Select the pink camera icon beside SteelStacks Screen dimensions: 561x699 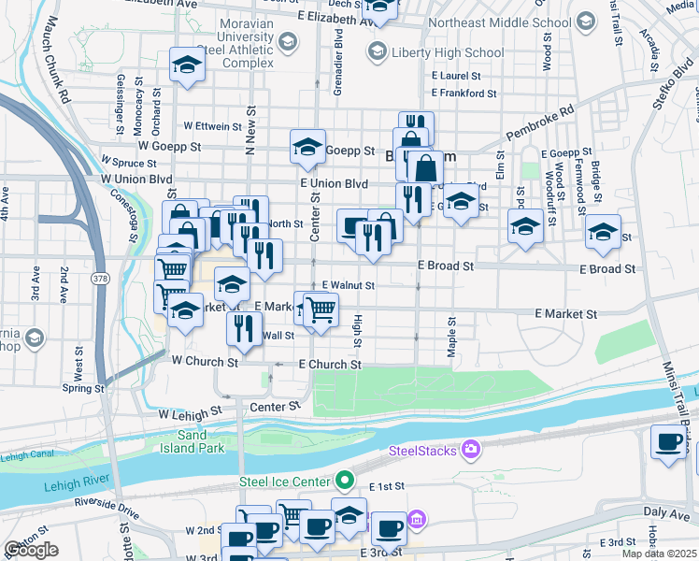click(471, 451)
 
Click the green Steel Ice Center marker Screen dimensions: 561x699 click(345, 482)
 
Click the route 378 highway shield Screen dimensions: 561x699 click(99, 279)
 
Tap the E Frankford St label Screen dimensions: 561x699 click(464, 93)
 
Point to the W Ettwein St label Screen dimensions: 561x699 click(214, 124)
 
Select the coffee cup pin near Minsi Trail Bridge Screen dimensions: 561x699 click(668, 442)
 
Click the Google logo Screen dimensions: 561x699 click(30, 550)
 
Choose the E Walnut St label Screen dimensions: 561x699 click(348, 285)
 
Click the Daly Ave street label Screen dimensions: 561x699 click(665, 513)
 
